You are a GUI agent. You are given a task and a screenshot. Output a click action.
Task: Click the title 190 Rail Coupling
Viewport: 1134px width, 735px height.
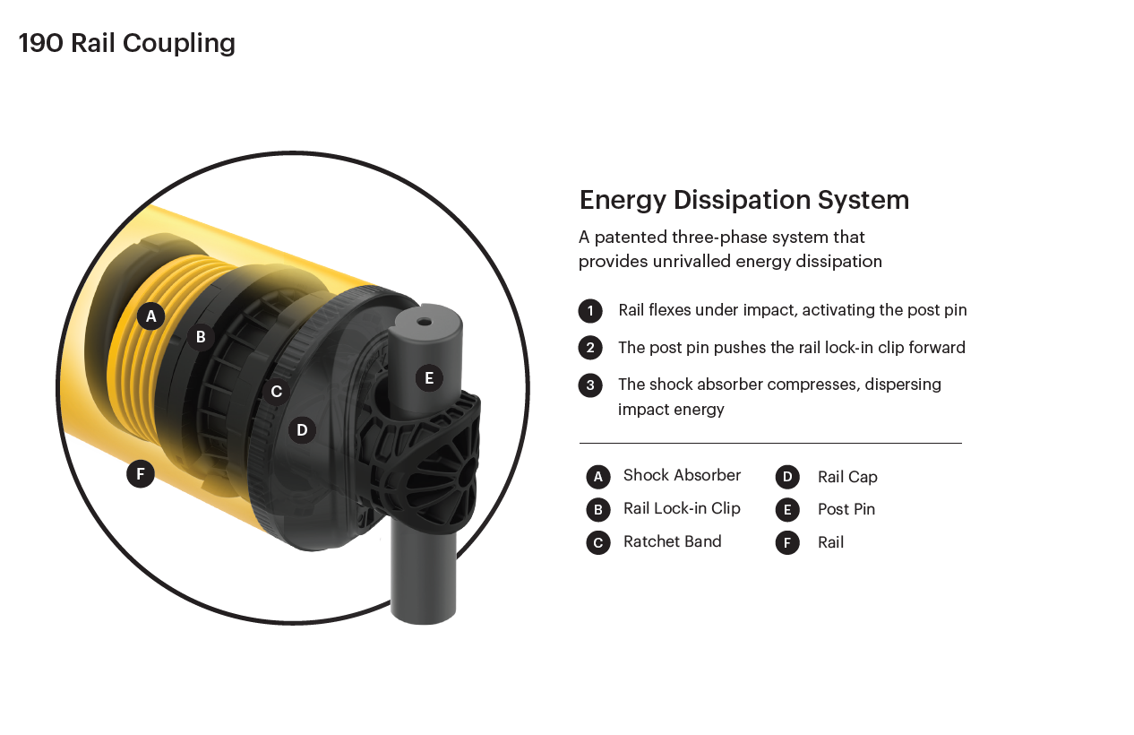(x=126, y=43)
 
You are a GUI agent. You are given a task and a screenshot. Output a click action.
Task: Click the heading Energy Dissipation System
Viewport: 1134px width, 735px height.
(x=743, y=200)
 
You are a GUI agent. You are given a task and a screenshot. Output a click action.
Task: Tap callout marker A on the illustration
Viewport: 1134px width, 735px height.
(x=150, y=316)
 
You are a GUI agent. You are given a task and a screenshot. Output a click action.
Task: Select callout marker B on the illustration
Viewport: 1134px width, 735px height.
(x=201, y=337)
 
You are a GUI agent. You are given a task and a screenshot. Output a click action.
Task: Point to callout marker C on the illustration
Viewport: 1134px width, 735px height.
(x=276, y=392)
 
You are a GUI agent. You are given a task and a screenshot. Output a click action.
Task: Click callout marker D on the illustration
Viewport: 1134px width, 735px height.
(x=302, y=430)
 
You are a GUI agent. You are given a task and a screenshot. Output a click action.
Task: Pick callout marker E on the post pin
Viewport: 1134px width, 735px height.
(x=429, y=378)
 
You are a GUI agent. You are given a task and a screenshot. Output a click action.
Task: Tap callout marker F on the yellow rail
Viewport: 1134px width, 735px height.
(x=141, y=473)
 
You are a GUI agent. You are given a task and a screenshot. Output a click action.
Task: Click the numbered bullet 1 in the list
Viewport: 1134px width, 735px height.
(x=590, y=311)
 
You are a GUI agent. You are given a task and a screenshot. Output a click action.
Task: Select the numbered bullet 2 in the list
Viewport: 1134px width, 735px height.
(x=590, y=348)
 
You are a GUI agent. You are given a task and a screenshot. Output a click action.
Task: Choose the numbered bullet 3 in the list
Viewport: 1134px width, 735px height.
(x=590, y=385)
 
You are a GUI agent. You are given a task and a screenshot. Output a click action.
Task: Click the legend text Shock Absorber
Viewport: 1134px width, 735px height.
(x=682, y=475)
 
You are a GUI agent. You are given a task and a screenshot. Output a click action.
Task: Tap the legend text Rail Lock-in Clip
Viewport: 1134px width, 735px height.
(x=682, y=508)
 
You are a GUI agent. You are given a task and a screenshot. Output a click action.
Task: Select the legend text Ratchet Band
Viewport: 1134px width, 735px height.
(x=672, y=541)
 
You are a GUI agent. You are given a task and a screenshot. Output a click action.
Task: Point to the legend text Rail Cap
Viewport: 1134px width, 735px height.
(x=847, y=477)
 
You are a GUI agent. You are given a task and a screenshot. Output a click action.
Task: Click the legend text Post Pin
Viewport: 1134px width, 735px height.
(x=846, y=509)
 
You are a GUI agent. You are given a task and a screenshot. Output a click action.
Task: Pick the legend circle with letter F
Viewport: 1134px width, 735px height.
(x=786, y=542)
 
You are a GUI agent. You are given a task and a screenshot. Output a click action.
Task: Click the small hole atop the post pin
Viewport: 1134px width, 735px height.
(x=424, y=321)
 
